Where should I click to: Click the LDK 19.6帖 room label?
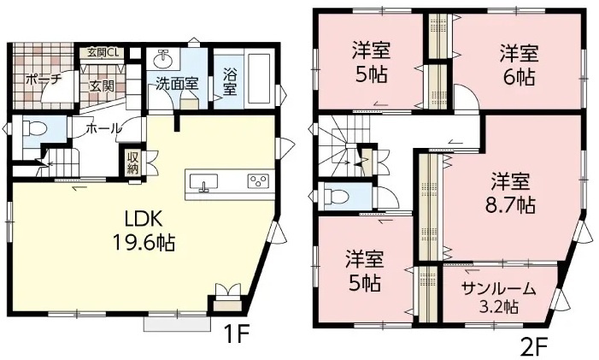144,230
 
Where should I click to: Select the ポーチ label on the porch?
44,80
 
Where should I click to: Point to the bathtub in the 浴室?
260,80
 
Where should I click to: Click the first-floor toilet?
34,128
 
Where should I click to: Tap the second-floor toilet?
335,197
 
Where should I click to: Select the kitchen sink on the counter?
203,182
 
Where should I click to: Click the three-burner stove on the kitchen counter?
258,181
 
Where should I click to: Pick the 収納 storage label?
132,162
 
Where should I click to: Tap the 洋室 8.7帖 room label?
510,193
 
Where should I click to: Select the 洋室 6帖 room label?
519,65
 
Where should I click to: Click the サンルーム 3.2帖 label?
499,297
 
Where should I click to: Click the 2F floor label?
533,345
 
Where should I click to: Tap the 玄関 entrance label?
102,86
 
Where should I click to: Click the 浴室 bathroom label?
230,81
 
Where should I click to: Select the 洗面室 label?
177,84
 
